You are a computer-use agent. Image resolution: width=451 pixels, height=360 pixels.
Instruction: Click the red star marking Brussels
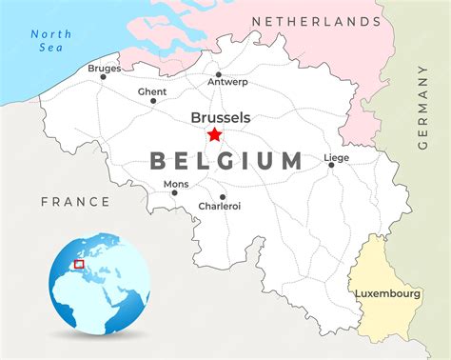pos(214,134)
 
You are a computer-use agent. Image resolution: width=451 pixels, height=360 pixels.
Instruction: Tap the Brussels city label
pos(221,117)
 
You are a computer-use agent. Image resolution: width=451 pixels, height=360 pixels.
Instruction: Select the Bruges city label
pos(104,69)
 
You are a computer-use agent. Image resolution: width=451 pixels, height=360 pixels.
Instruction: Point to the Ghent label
pos(152,91)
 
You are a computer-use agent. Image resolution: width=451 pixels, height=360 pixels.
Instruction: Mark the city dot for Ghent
pos(152,101)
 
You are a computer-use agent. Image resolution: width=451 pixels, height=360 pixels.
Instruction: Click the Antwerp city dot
pos(218,74)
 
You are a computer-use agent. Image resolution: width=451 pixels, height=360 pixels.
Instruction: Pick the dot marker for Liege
pos(331,165)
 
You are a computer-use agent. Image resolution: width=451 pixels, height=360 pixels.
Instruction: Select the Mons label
pos(176,184)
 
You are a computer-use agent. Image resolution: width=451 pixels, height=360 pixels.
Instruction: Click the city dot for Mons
pos(174,193)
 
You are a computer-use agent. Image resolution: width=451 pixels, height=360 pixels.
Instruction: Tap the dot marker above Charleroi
pos(223,197)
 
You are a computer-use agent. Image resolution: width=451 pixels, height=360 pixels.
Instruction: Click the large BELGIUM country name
pos(226,161)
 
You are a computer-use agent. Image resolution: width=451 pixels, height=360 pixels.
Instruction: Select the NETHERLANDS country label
pos(317,21)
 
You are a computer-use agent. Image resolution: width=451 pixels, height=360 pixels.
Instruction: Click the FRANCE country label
pos(75,202)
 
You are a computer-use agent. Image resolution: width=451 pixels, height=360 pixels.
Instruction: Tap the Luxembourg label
pos(388,293)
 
